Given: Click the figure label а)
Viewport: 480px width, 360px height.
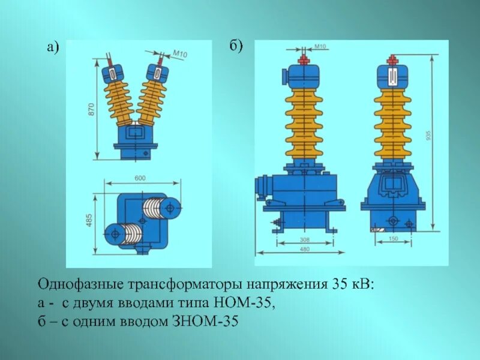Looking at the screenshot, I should (53, 50).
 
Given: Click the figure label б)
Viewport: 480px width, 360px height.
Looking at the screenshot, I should (236, 47).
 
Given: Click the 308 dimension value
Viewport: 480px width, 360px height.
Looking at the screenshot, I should (305, 239).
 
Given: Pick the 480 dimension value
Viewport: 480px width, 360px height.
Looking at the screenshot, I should (305, 251).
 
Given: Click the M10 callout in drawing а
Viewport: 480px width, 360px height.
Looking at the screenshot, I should (180, 55).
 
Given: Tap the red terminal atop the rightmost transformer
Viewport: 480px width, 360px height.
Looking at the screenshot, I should (394, 60).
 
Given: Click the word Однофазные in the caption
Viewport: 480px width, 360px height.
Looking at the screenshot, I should (73, 284).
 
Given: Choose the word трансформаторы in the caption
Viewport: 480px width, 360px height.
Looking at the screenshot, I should (158, 284).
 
